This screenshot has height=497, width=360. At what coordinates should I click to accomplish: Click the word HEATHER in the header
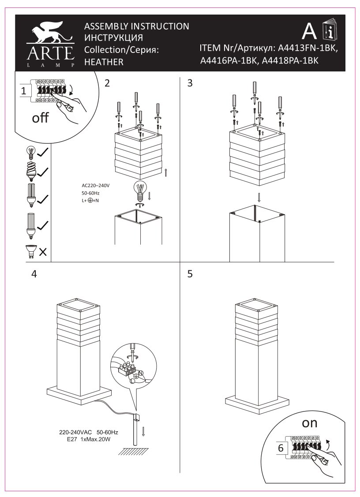[x=104, y=62]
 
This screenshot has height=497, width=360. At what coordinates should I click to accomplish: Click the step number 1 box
[x=26, y=91]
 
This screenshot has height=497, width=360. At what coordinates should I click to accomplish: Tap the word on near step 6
[x=309, y=423]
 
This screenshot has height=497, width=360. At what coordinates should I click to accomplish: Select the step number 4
[x=34, y=274]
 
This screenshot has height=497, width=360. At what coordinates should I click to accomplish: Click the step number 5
[x=190, y=274]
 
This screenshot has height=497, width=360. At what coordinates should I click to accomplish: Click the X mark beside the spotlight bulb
[x=43, y=252]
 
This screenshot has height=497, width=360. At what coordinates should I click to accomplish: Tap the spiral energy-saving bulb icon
[x=31, y=171]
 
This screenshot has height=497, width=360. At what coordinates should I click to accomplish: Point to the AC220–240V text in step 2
[x=95, y=186]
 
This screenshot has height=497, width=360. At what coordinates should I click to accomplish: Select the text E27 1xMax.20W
[x=88, y=440]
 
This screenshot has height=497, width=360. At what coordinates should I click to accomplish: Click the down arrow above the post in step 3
[x=259, y=197]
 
